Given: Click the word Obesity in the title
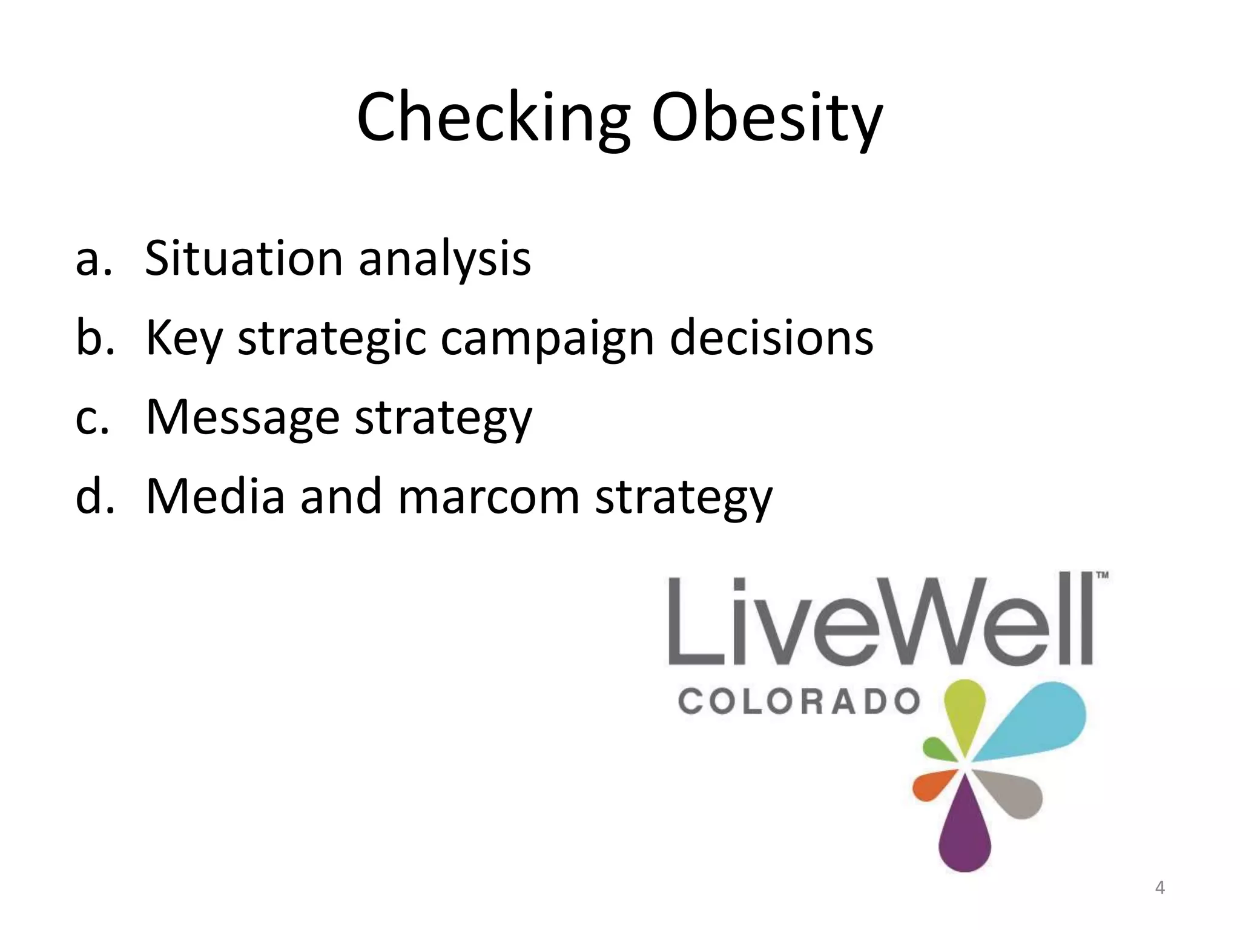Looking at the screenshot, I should pyautogui.click(x=767, y=118).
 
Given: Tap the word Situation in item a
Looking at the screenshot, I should pyautogui.click(x=243, y=259).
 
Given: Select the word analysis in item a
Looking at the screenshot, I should pyautogui.click(x=444, y=259).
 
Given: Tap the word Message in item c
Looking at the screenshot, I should pyautogui.click(x=242, y=418).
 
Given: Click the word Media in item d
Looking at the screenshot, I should pyautogui.click(x=215, y=497).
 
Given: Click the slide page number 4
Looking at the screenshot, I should pyautogui.click(x=1159, y=888).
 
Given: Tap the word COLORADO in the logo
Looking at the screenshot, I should pyautogui.click(x=798, y=702).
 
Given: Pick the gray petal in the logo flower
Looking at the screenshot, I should pyautogui.click(x=1014, y=793).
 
